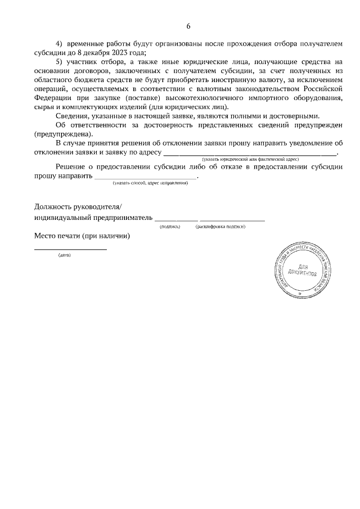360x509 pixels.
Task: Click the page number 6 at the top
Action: click(188, 26)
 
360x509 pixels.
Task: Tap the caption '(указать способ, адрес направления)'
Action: click(150, 183)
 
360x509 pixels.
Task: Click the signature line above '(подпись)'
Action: click(176, 219)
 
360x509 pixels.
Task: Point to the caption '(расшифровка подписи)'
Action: click(220, 227)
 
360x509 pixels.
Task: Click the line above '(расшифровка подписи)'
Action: click(232, 219)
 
